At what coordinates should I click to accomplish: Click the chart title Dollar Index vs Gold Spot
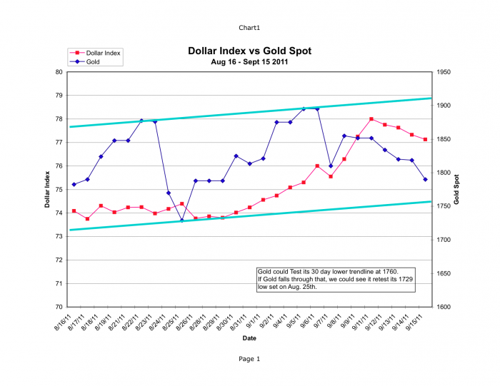coord(249,51)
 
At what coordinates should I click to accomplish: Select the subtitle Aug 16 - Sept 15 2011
coord(249,62)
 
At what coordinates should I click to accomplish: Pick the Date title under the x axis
coord(249,337)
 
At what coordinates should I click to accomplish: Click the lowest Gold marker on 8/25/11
coord(182,220)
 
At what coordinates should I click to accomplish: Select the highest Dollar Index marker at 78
coord(371,119)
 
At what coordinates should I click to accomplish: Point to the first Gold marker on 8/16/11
coord(74,185)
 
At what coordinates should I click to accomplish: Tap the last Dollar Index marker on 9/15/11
coord(425,139)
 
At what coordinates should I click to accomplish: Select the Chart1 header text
coord(249,28)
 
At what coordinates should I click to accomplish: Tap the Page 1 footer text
coord(249,359)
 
